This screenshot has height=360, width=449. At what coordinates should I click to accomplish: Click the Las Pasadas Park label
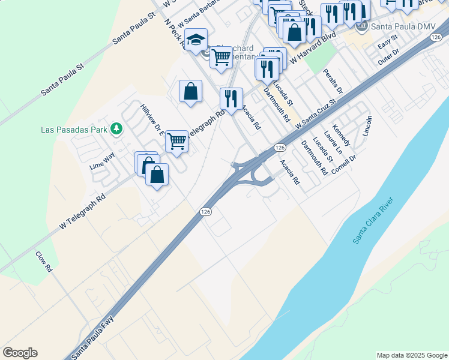point(74,129)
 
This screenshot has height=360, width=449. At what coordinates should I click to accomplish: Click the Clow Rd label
point(43,262)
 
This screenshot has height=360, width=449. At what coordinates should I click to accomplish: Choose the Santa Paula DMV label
point(403,27)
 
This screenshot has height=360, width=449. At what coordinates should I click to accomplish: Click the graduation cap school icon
point(196,40)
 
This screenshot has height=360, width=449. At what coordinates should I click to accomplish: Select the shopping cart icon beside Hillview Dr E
point(176,142)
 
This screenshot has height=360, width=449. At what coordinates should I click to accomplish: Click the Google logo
point(20,353)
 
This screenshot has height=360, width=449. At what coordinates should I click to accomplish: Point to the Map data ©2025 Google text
point(412,355)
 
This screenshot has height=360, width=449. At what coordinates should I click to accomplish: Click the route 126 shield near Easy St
point(436,37)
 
